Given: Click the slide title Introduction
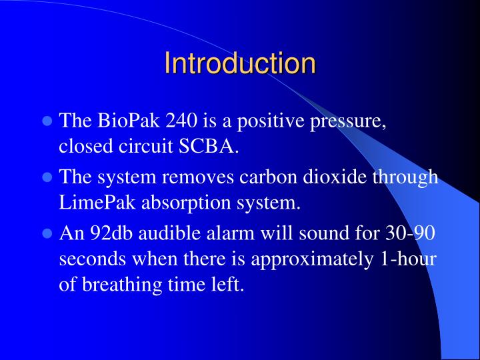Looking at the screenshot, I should (240, 63).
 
